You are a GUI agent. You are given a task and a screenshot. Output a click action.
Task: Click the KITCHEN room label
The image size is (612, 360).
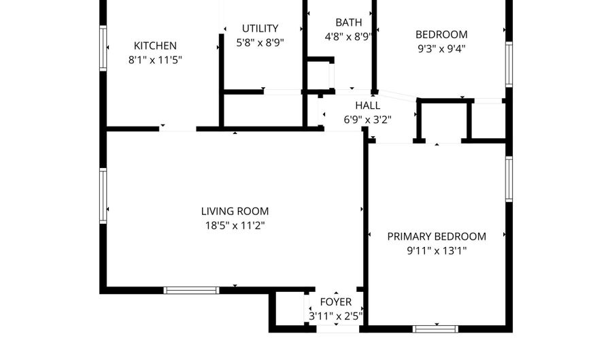pos(155,46)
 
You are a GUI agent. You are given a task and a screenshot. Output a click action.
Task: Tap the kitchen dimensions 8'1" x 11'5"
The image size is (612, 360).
pos(155,60)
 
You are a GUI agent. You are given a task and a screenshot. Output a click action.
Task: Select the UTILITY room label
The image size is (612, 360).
pos(260,29)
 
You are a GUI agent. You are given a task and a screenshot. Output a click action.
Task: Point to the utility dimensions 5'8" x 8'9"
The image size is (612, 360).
pos(260,42)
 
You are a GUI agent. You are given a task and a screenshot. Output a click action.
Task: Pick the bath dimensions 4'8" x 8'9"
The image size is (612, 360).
pos(347,37)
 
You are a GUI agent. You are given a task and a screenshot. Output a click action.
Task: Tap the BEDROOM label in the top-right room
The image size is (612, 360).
pos(441,35)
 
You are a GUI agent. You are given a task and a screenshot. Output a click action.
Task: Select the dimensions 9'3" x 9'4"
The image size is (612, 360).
pos(441,49)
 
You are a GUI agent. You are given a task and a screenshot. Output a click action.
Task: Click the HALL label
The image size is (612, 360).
pos(368,105)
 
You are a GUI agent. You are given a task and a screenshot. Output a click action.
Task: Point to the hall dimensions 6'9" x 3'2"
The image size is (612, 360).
pos(368,119)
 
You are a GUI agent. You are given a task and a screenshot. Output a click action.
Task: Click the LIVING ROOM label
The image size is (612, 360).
pos(235,211)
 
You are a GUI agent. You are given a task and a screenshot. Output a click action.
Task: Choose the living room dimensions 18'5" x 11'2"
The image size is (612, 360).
pos(235,225)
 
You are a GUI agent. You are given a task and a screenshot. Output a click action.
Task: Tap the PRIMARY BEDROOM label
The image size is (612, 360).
pos(437,236)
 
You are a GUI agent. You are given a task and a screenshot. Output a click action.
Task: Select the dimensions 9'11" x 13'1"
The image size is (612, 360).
pos(437,250)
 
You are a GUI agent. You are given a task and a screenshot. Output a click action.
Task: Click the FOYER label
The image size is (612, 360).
pos(336,302)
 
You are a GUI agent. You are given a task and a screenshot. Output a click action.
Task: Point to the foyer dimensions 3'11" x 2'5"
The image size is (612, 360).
pos(336,316)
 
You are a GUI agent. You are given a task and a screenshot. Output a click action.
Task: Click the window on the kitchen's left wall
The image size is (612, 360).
pos(103,48)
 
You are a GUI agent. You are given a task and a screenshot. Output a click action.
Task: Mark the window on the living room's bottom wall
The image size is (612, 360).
pos(191,291)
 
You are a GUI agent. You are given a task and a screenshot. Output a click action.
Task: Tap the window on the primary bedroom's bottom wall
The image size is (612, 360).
pos(435,329)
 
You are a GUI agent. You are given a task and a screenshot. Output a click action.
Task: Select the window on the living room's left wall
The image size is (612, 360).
pos(103,196)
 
